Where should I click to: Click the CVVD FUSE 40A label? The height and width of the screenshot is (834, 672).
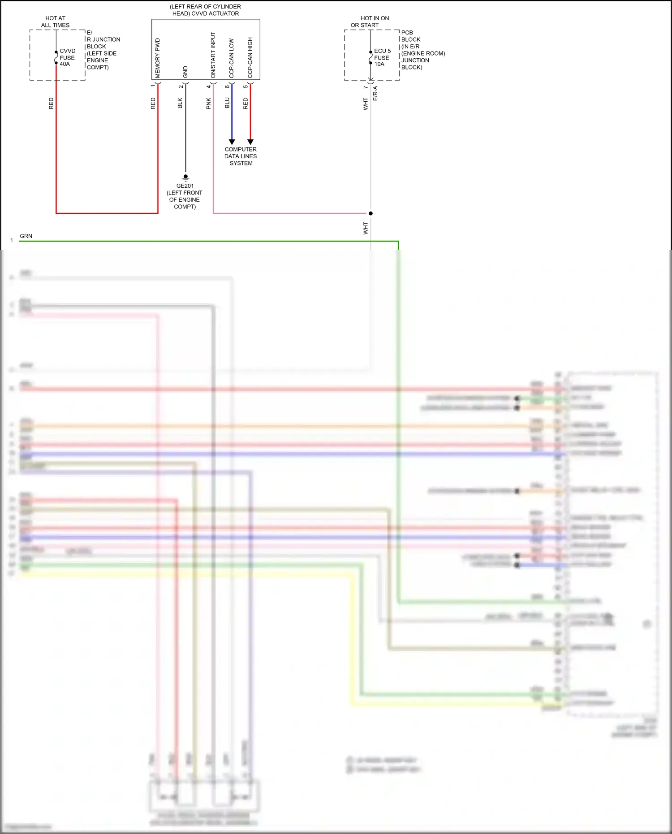67,57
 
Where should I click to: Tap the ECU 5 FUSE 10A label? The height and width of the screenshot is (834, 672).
382,57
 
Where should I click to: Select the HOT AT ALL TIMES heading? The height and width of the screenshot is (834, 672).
55,22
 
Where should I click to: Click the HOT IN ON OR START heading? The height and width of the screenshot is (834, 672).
370,22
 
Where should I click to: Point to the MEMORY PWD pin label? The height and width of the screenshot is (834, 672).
158,58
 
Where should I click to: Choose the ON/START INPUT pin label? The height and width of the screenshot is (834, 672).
213,55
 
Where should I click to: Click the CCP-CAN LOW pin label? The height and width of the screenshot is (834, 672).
232,58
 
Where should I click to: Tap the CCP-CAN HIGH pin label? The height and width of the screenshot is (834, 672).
250,57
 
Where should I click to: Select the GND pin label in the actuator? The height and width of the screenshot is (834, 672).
185,72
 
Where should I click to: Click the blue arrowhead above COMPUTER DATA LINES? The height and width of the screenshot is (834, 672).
232,142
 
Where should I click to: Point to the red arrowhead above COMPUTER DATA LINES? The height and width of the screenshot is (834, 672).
250,142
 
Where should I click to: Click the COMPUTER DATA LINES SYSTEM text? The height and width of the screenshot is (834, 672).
241,156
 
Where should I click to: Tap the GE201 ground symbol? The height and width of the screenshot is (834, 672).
185,177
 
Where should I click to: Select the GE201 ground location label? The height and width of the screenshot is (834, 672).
185,196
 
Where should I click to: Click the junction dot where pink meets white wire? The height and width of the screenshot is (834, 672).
370,213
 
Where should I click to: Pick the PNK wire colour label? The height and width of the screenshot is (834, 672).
208,104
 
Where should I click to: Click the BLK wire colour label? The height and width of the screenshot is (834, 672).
180,103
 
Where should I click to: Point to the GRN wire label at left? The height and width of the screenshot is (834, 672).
26,236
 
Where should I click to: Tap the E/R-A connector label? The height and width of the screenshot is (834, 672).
375,93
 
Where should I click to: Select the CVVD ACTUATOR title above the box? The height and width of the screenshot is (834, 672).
206,10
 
